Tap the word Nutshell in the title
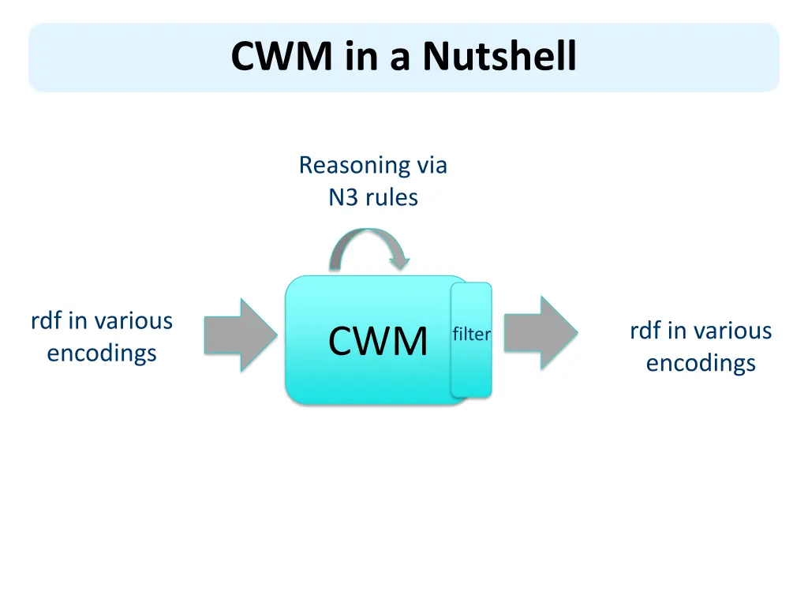(x=499, y=57)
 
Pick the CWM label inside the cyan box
(x=378, y=342)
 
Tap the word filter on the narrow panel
(x=471, y=335)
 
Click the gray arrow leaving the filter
(x=541, y=332)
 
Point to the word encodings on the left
(x=102, y=353)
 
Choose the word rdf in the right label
(x=646, y=331)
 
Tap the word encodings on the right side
(x=701, y=363)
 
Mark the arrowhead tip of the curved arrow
(x=402, y=265)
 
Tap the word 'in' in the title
(x=359, y=57)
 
